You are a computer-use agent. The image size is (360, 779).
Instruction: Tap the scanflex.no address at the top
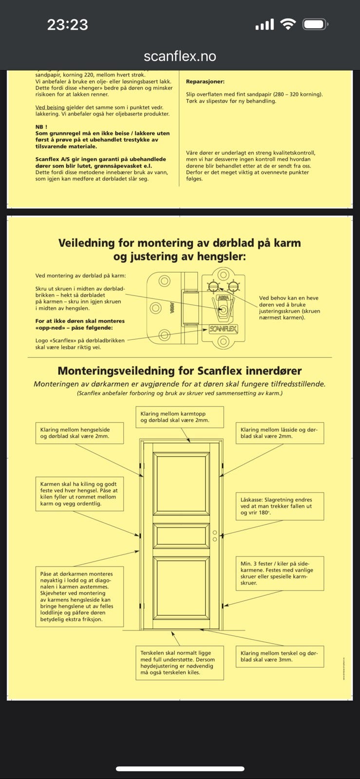point(180,56)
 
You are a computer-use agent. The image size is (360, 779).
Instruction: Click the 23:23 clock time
point(67,24)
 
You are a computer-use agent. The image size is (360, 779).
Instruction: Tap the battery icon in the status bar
point(314,24)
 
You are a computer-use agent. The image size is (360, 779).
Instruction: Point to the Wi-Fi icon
point(288,24)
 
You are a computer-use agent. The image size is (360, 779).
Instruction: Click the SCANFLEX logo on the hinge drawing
point(223,329)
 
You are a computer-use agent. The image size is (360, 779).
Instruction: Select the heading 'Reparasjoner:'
point(205,82)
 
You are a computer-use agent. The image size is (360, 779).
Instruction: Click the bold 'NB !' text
point(41,127)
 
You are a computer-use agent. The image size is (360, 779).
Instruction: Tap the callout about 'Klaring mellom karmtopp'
point(179,417)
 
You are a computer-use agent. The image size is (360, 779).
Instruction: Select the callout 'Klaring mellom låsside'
point(280,433)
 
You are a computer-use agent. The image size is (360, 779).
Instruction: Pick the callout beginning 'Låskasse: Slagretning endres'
point(280,506)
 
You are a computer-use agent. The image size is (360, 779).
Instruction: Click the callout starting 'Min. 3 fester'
point(280,573)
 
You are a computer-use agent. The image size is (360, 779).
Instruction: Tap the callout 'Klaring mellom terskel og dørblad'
point(280,656)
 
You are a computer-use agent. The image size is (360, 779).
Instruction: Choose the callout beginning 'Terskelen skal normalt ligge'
point(179,663)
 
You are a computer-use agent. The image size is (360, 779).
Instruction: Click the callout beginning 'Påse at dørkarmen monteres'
point(79,596)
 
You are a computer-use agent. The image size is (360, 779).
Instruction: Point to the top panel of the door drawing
point(181,483)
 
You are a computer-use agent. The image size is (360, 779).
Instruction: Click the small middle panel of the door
point(181,536)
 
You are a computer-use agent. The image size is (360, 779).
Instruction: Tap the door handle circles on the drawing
point(215,536)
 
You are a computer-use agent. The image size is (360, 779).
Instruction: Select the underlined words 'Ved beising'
point(50,107)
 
